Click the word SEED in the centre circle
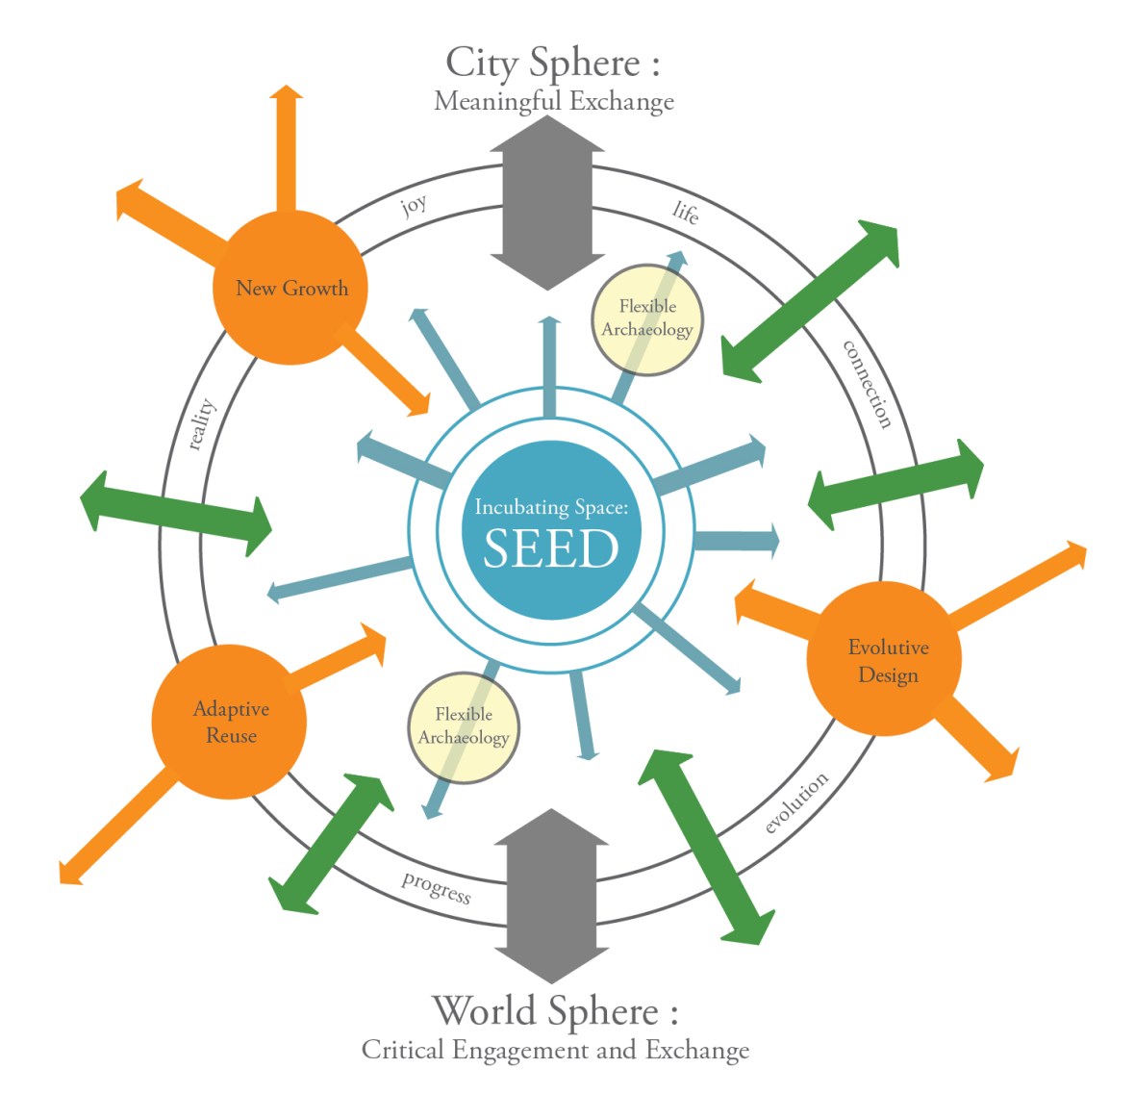(x=550, y=548)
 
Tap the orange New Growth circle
(x=290, y=288)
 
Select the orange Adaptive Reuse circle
(x=230, y=722)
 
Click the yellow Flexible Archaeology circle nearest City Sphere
(x=647, y=318)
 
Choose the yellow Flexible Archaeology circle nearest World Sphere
(x=464, y=726)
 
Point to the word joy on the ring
(x=414, y=205)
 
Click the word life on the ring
(x=686, y=212)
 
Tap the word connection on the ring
(x=868, y=383)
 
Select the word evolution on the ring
(x=796, y=803)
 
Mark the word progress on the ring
(x=437, y=887)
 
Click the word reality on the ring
(x=201, y=424)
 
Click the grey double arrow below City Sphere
(x=547, y=205)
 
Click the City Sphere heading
(x=553, y=64)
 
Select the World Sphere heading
(x=555, y=1011)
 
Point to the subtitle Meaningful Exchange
(x=553, y=101)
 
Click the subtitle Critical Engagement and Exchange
(x=555, y=1050)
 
